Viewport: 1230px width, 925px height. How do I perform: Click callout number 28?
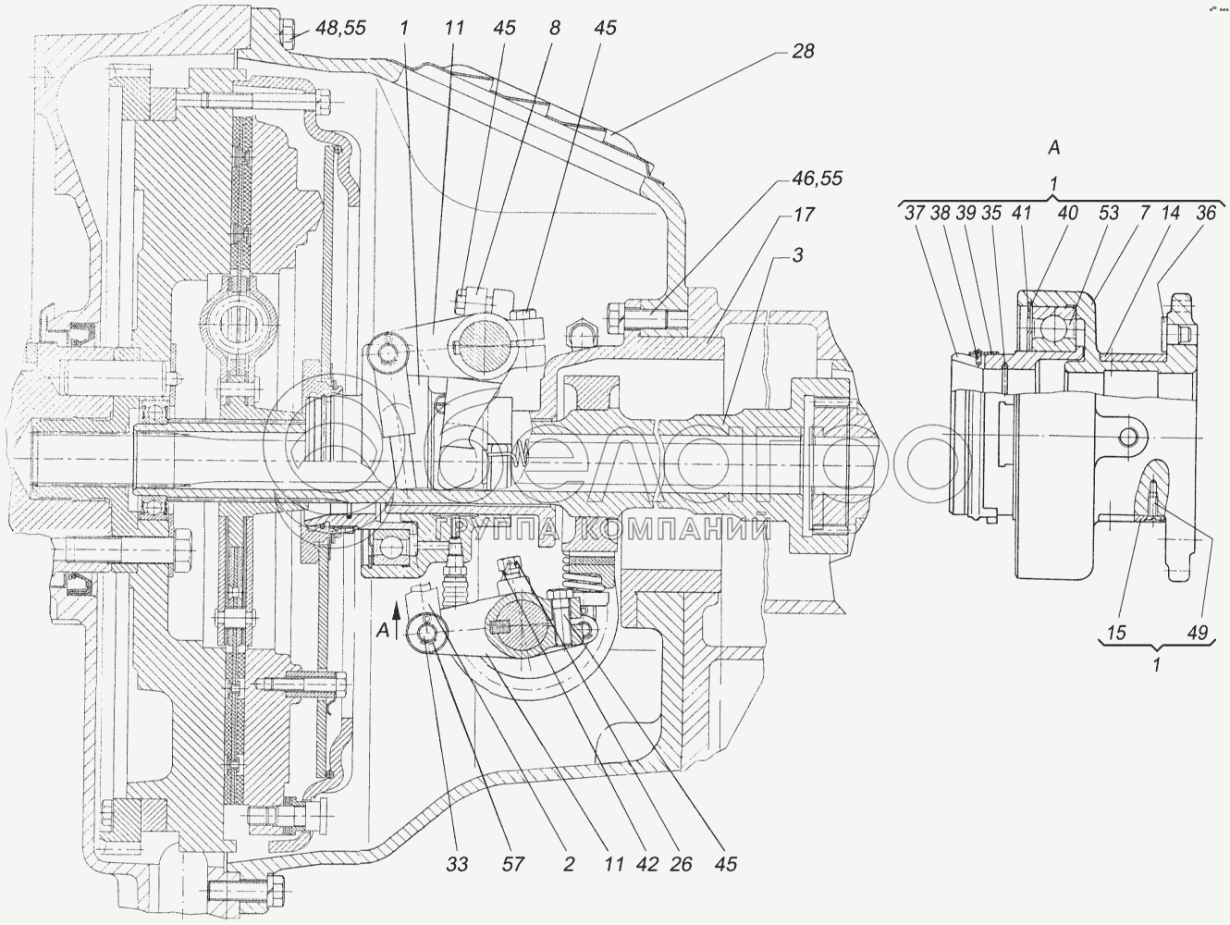[803, 52]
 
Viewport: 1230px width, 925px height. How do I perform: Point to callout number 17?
[803, 215]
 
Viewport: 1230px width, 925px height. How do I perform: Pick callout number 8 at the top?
[554, 29]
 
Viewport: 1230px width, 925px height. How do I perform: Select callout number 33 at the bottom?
[458, 865]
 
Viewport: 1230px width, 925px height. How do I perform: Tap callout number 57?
[514, 865]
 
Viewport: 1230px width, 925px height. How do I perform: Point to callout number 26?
[683, 865]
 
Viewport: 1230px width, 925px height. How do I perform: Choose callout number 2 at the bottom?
[568, 865]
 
